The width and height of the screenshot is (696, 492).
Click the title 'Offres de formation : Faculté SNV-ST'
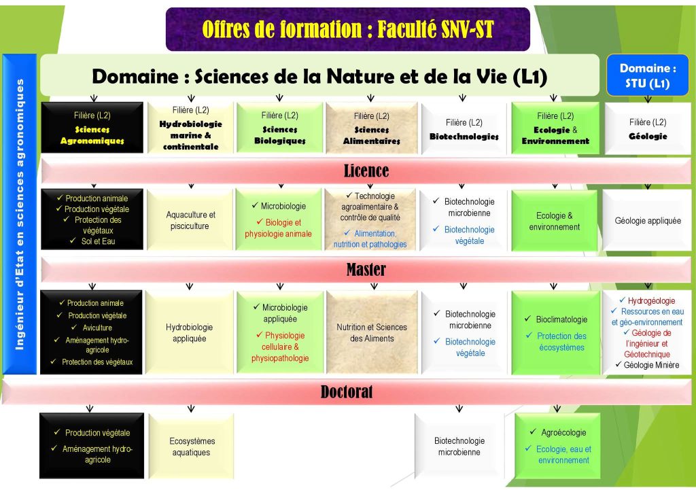coord(347,29)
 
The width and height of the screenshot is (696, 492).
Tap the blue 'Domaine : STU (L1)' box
coord(648,75)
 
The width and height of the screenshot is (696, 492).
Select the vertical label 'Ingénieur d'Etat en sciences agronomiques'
coord(20,214)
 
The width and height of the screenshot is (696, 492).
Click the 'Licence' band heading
coord(366,171)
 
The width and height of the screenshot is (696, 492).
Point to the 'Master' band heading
coord(366,269)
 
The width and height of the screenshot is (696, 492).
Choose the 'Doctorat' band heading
coord(347,391)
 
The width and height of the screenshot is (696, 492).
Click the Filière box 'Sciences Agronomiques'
coord(92,128)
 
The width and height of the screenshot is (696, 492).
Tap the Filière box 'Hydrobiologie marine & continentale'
coord(190,128)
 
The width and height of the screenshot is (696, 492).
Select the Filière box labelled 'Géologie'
coord(648,128)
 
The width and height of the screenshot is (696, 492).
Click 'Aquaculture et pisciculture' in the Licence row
coord(190,220)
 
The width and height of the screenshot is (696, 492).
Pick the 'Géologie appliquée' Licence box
coord(648,220)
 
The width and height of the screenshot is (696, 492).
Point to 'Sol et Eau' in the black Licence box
coord(98,241)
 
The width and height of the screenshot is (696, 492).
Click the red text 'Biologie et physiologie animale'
coord(278,228)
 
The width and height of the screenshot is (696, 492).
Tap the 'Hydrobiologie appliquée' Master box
coord(190,333)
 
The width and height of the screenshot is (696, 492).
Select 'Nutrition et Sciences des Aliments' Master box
coord(372,333)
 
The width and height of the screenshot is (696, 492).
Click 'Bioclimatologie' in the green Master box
coord(561,319)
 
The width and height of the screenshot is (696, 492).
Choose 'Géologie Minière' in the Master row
coord(651,365)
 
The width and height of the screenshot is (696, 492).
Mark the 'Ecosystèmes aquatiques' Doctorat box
coord(191,446)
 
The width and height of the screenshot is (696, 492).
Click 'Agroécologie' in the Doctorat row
coord(563,433)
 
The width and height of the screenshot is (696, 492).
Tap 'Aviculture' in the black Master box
coord(97,328)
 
